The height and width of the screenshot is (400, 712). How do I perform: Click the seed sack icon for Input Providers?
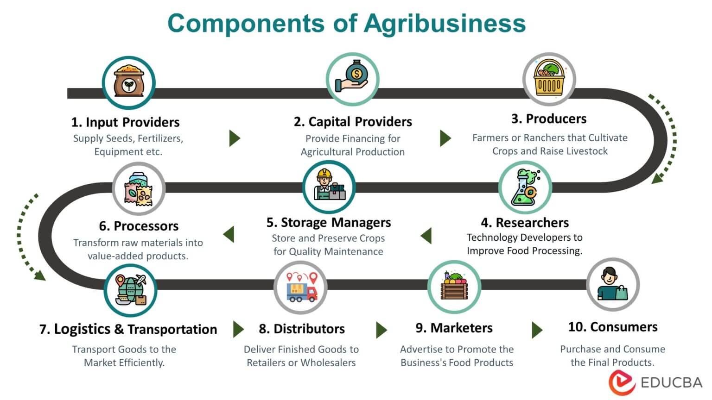click(x=129, y=82)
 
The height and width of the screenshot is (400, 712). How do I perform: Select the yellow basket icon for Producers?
click(x=549, y=79)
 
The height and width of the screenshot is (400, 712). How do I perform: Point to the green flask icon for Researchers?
click(x=525, y=187)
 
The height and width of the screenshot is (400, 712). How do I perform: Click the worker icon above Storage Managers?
click(x=329, y=187)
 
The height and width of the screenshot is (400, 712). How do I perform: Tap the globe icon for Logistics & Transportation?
click(x=130, y=290)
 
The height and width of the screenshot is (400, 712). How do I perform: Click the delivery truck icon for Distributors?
click(x=301, y=288)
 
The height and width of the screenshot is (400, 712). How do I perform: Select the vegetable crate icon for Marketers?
click(x=454, y=287)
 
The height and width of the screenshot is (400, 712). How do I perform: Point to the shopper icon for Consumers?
click(x=613, y=285)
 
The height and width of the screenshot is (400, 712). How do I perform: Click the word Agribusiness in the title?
click(x=445, y=23)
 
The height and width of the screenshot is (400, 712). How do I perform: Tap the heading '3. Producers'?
click(x=549, y=119)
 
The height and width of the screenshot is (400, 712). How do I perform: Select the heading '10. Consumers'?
click(x=613, y=327)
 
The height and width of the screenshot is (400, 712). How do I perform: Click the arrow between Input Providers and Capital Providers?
click(x=235, y=138)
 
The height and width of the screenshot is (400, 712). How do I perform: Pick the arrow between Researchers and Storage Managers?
click(x=426, y=235)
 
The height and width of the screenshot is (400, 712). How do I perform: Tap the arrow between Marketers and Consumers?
click(x=537, y=330)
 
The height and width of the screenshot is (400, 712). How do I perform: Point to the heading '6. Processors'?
click(x=139, y=226)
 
